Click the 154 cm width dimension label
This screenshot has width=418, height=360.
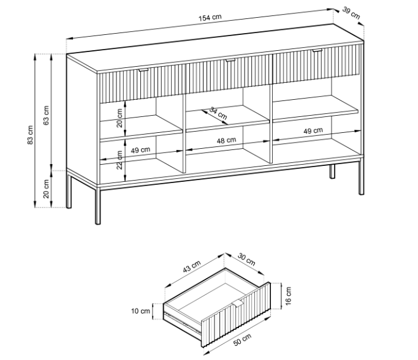210,17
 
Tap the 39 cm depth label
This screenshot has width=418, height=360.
351,13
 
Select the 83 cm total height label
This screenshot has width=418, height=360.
31,135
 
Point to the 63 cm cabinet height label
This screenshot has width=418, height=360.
47,115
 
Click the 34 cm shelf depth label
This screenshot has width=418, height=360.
218,113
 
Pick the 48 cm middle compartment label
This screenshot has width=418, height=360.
226,140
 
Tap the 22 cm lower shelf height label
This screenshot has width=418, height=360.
120,160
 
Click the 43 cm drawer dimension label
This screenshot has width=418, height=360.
191,267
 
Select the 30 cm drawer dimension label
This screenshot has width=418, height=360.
246,260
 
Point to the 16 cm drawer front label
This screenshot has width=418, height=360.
288,296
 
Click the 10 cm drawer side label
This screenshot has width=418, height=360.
140,311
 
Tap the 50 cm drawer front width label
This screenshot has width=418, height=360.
242,340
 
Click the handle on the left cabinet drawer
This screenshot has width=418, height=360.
143,70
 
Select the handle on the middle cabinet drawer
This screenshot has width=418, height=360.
230,61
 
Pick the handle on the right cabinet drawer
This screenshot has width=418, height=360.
317,50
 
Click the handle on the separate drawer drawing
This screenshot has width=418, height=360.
238,303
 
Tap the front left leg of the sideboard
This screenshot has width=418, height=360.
98,206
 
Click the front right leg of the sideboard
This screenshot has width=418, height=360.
361,177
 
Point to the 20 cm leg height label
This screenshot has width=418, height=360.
47,189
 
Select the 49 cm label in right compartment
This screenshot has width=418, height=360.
313,131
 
